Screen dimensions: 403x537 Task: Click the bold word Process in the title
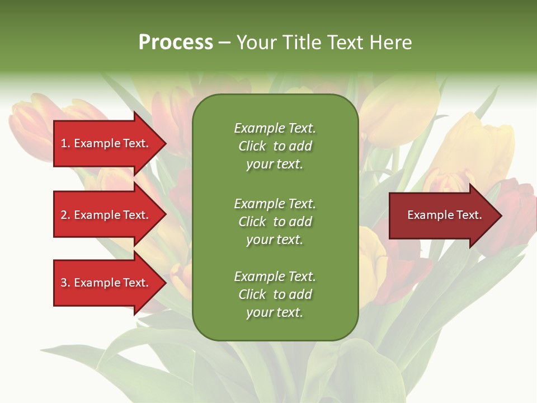pyautogui.click(x=176, y=42)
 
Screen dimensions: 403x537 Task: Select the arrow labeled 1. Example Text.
pyautogui.click(x=105, y=143)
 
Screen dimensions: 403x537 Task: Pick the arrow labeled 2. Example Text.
pyautogui.click(x=105, y=215)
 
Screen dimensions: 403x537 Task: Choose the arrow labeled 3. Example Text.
pyautogui.click(x=105, y=283)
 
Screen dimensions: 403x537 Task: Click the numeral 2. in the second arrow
pyautogui.click(x=65, y=215)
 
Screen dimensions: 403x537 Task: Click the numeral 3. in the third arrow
pyautogui.click(x=65, y=283)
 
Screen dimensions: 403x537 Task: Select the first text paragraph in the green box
pyautogui.click(x=275, y=146)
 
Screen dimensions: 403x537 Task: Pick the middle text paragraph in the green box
pyautogui.click(x=275, y=222)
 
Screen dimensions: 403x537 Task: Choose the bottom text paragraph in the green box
pyautogui.click(x=275, y=294)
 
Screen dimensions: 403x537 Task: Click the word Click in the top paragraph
pyautogui.click(x=252, y=146)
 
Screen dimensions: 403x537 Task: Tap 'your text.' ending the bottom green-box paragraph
pyautogui.click(x=275, y=312)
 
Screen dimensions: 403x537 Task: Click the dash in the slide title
pyautogui.click(x=224, y=43)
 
